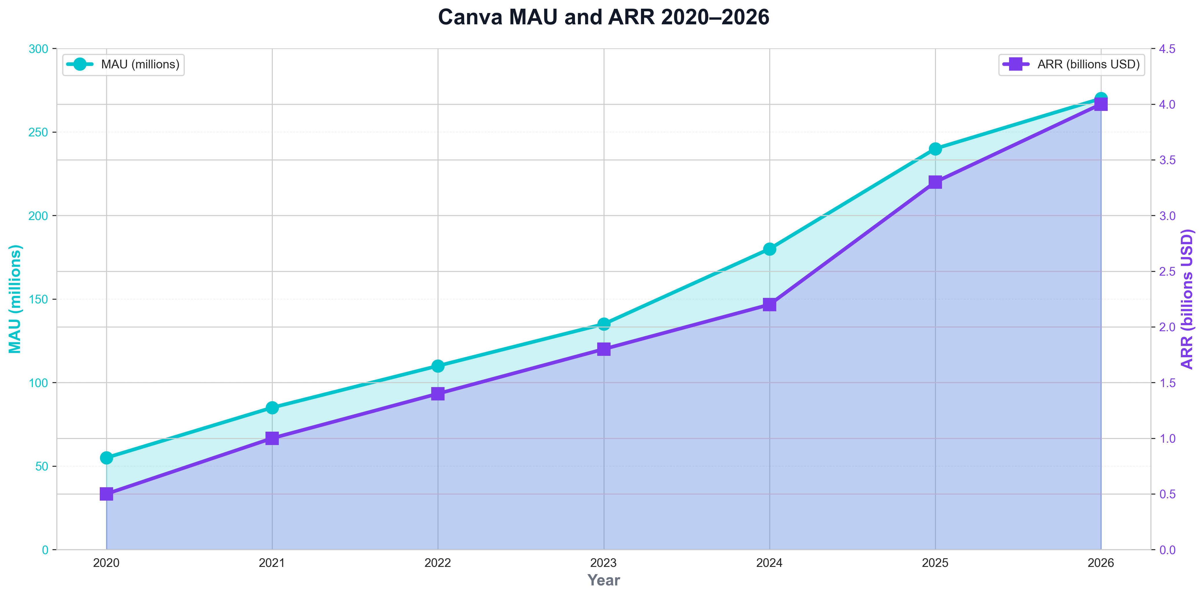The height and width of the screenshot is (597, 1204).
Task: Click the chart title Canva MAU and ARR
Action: (x=603, y=18)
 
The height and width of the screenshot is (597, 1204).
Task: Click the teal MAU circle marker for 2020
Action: (x=106, y=457)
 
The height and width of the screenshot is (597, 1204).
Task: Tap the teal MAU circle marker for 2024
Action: (x=769, y=249)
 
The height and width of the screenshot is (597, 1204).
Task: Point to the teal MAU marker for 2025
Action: (x=935, y=149)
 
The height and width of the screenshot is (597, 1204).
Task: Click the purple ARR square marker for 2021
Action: (x=272, y=438)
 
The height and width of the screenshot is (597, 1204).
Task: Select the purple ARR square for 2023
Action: (x=604, y=349)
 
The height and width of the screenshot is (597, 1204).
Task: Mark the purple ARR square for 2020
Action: (x=106, y=494)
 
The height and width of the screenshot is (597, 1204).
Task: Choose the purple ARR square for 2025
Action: (x=935, y=182)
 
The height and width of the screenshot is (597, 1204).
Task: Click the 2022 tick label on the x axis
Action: (x=438, y=563)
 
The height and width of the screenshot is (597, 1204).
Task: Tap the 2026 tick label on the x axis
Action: (x=1101, y=563)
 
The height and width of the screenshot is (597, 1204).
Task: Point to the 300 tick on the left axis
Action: (x=38, y=49)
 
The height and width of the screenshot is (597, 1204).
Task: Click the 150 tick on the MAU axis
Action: (x=38, y=299)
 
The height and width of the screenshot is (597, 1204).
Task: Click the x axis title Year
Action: (x=603, y=580)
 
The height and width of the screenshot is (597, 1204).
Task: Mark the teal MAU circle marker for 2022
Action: (x=438, y=366)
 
